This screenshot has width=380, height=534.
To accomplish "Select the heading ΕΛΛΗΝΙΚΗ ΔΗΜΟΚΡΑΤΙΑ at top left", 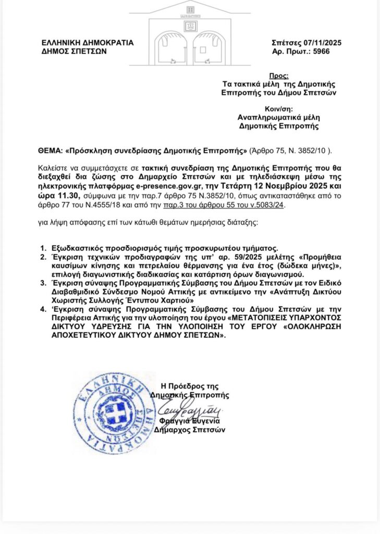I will coord(88,43).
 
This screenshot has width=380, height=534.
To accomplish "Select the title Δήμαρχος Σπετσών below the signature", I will coord(190,430).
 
